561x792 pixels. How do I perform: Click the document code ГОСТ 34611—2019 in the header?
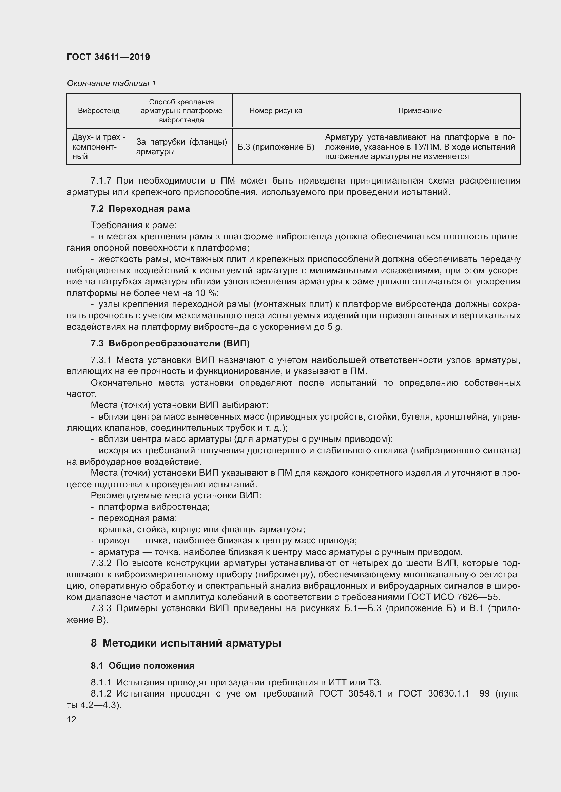pos(108,57)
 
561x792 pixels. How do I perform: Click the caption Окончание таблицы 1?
pos(111,83)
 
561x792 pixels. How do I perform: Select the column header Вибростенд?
pos(99,111)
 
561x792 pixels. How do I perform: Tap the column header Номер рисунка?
pos(276,111)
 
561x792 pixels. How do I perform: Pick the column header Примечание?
pos(420,111)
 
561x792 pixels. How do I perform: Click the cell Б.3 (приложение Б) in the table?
pos(276,147)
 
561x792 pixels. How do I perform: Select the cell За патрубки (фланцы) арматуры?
pos(181,147)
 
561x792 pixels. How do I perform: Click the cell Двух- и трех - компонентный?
pos(99,147)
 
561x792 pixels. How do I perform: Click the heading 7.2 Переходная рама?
pos(140,209)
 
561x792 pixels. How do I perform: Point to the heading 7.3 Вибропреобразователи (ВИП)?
pos(170,343)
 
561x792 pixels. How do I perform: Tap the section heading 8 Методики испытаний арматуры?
pos(186,643)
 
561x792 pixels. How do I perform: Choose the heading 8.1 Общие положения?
pos(142,665)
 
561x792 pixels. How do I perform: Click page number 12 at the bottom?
pos(72,719)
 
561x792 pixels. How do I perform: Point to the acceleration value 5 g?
pos(334,327)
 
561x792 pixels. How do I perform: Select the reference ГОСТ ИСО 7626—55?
pos(453,597)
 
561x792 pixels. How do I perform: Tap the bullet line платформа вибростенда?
pos(154,507)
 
